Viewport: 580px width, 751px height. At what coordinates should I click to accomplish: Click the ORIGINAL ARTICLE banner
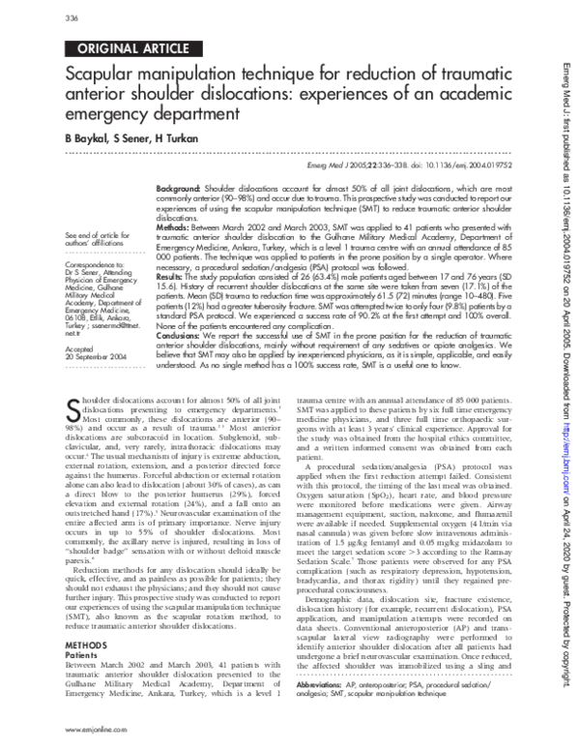pos(125,47)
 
